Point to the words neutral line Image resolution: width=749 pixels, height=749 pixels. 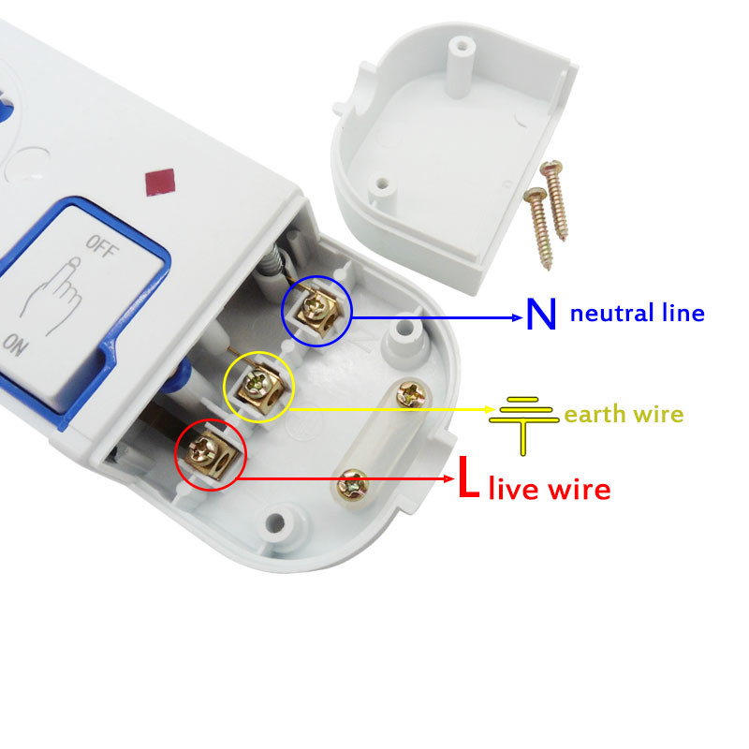[637, 313]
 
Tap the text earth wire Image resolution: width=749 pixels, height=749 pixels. [624, 414]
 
